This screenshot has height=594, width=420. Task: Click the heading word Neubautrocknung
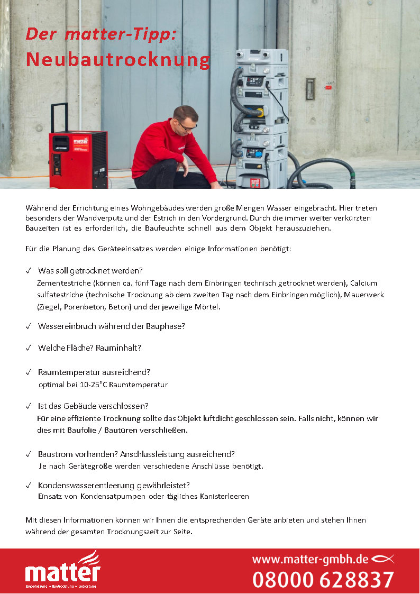[x=117, y=60]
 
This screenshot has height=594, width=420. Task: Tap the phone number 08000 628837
[x=323, y=579]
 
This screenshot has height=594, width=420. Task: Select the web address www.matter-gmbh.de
[x=310, y=559]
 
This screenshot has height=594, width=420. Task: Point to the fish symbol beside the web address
[x=383, y=559]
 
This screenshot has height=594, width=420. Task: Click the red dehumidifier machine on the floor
[x=78, y=159]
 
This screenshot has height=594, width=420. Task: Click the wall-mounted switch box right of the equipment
[x=311, y=89]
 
